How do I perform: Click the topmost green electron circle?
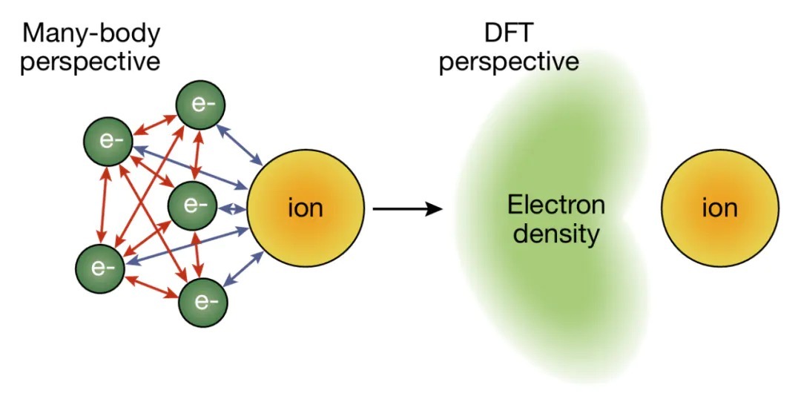[x=200, y=107]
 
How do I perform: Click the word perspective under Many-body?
[x=90, y=62]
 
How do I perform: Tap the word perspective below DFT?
[x=510, y=62]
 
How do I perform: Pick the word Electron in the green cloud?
[x=556, y=205]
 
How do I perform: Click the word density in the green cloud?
[x=556, y=234]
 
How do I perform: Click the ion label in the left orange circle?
[x=306, y=208]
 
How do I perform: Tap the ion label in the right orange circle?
[x=719, y=208]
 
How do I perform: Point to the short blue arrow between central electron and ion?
[x=233, y=208]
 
